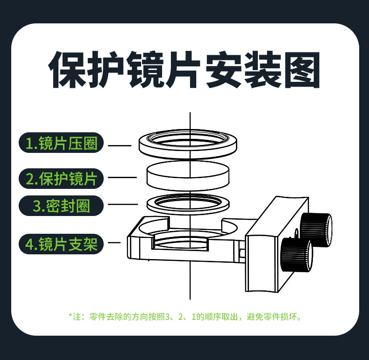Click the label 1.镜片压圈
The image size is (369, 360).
pyautogui.click(x=61, y=143)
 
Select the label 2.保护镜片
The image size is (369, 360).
pyautogui.click(x=61, y=179)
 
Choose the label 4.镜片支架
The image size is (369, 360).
pyautogui.click(x=61, y=244)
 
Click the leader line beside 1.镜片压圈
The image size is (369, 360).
pyautogui.click(x=120, y=145)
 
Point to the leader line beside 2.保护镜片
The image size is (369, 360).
pyautogui.click(x=122, y=178)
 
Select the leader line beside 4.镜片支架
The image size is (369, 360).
pyautogui.click(x=114, y=243)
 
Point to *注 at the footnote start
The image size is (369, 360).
pyautogui.click(x=74, y=317)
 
